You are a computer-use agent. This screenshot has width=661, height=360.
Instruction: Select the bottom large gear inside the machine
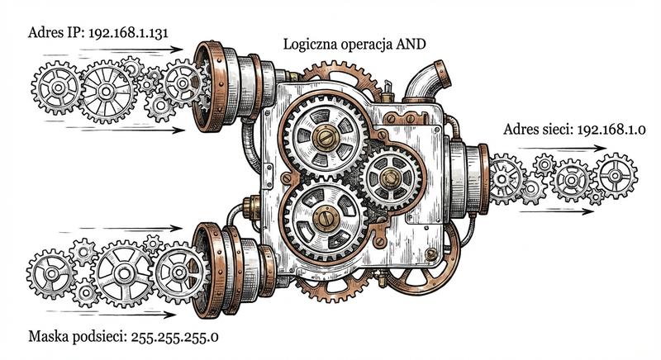point(324,216)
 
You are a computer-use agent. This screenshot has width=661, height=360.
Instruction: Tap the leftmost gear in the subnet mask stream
point(51,274)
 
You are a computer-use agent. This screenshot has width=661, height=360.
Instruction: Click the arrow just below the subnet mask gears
point(124,314)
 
